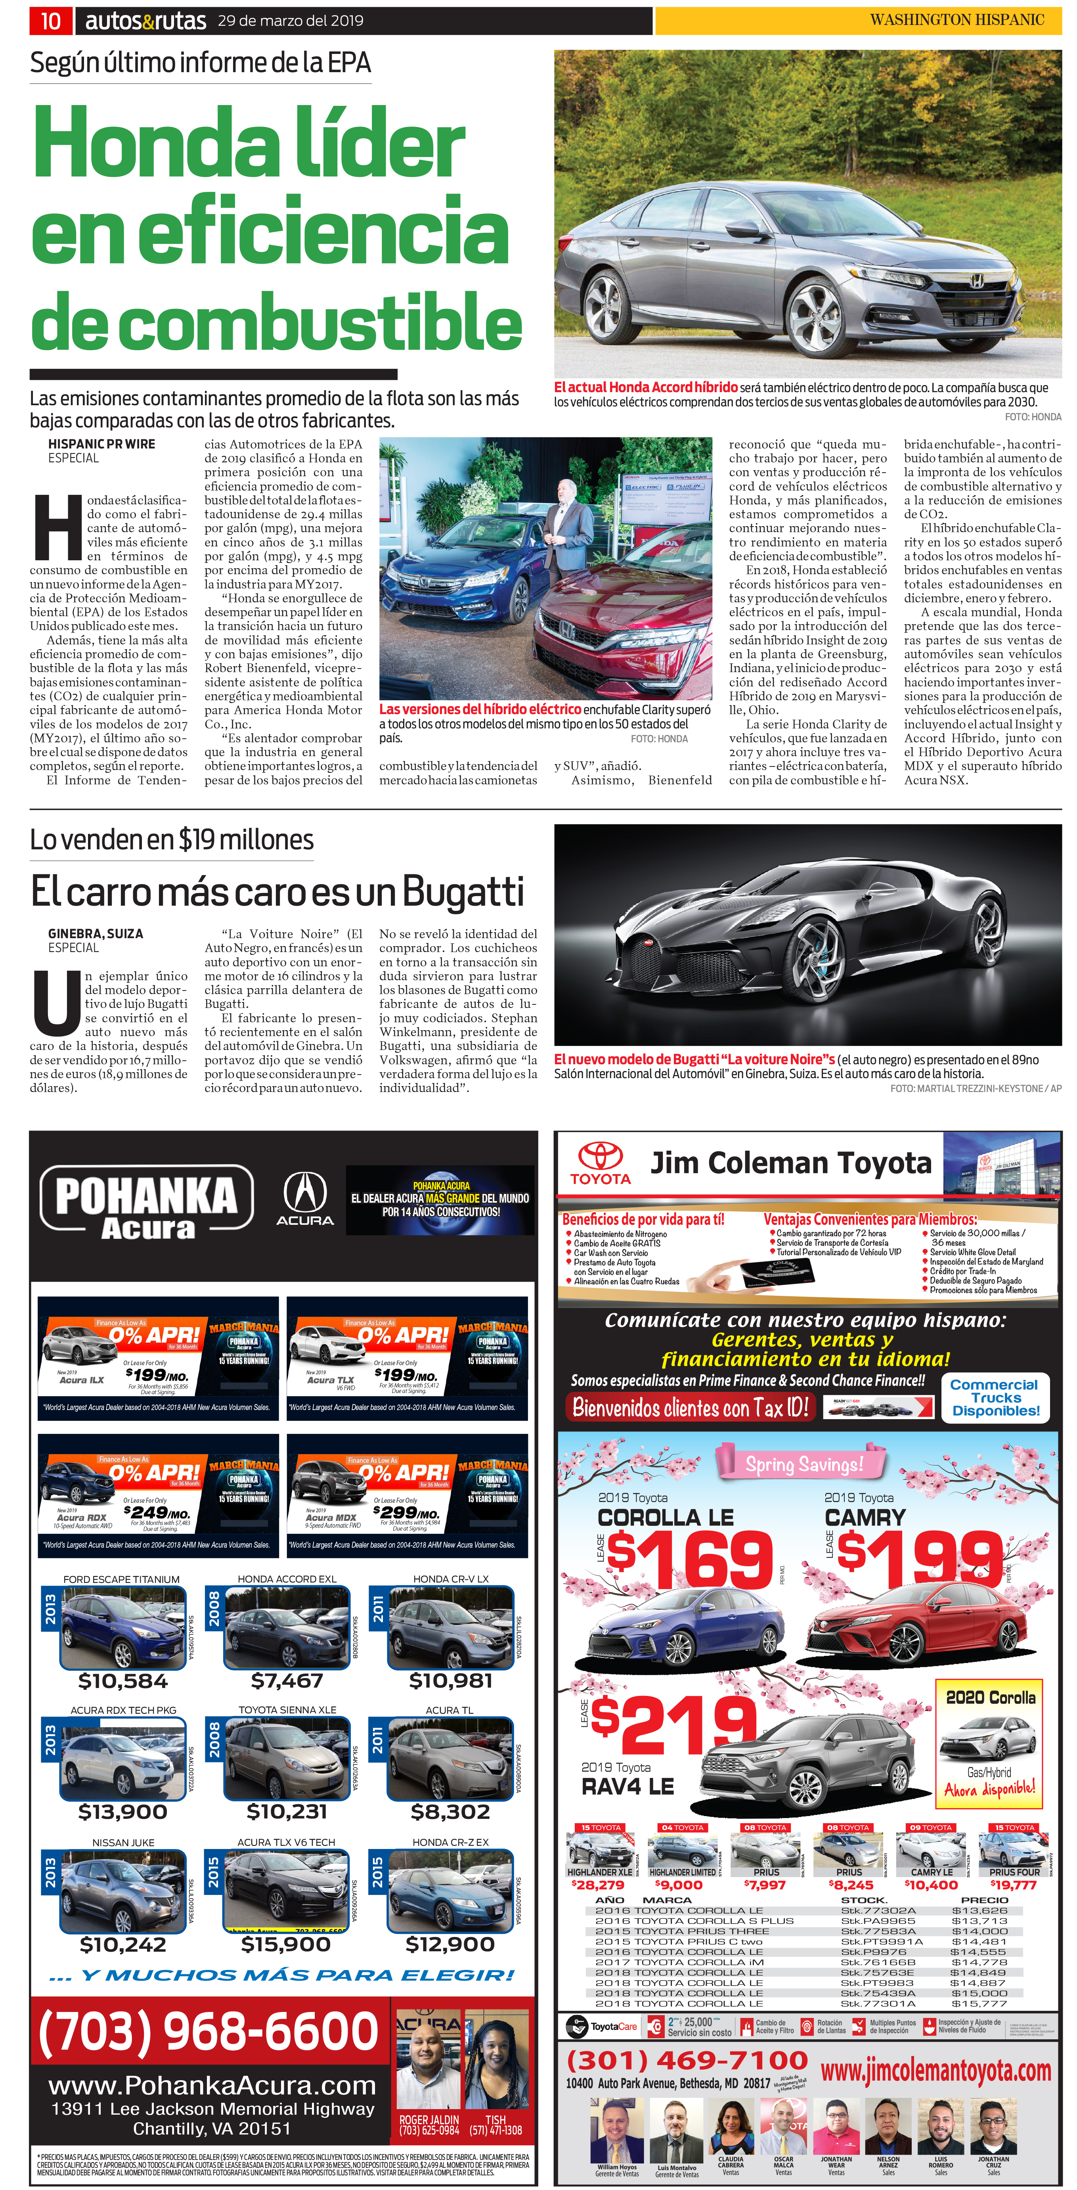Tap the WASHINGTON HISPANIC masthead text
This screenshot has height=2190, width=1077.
click(x=956, y=19)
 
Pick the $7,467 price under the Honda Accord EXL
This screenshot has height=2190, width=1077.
click(x=287, y=1680)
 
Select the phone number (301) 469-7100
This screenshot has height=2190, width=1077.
click(x=687, y=2060)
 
